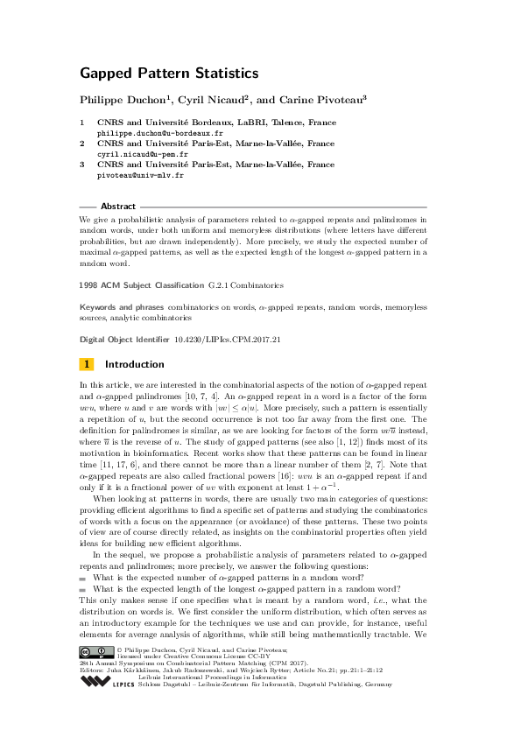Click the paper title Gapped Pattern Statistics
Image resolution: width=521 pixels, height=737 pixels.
[x=169, y=74]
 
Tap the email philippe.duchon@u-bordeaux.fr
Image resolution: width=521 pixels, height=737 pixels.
[x=153, y=134]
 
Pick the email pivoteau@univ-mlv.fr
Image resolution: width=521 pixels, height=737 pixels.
[x=139, y=175]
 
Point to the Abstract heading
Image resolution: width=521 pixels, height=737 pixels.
[x=118, y=207]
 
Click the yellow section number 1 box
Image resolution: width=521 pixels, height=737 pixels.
[x=86, y=364]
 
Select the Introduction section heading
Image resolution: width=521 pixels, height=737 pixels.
[x=134, y=364]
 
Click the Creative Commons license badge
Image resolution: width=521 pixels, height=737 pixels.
[x=96, y=676]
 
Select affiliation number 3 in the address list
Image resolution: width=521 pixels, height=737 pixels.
[x=82, y=165]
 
